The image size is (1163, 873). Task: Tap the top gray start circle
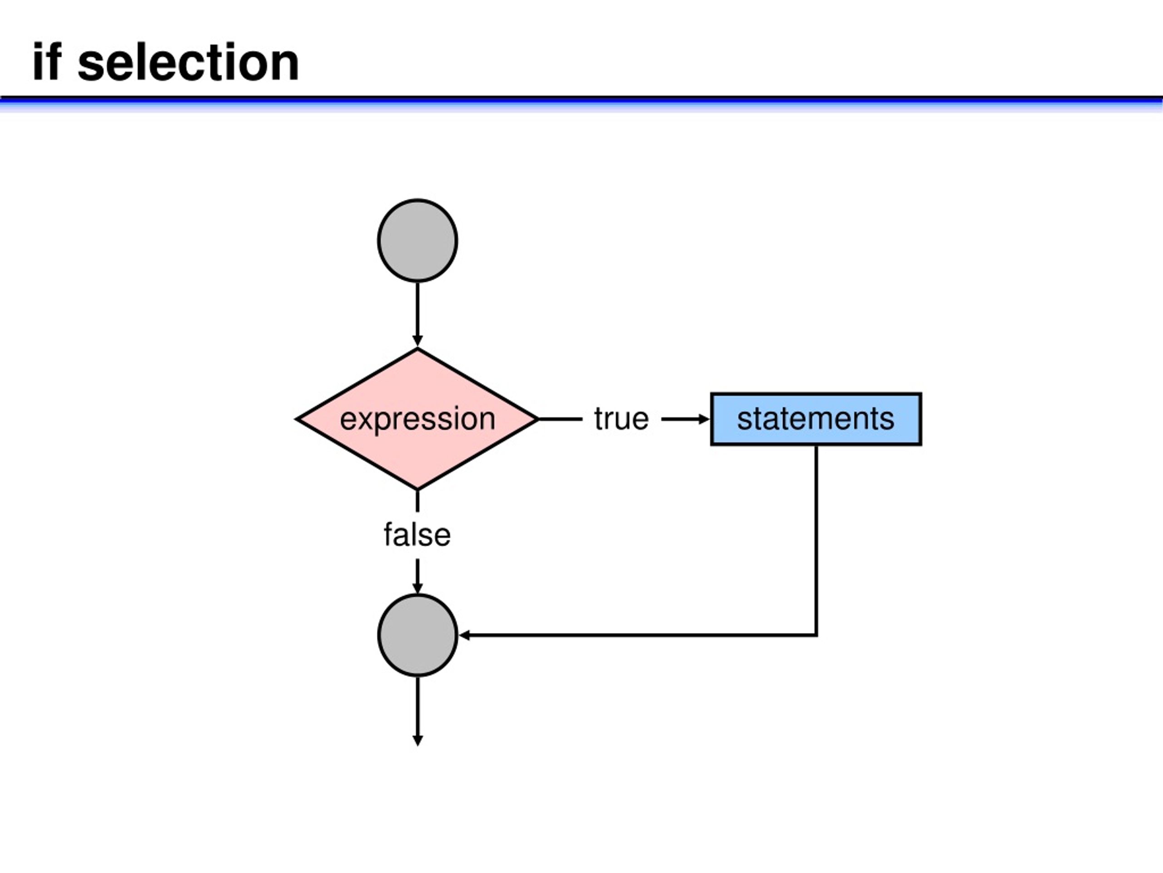pyautogui.click(x=417, y=241)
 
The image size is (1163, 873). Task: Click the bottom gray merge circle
pyautogui.click(x=417, y=635)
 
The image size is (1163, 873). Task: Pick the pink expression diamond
pyautogui.click(x=417, y=419)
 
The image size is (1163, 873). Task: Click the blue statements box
pyautogui.click(x=816, y=419)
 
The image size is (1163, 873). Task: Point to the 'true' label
pyautogui.click(x=621, y=419)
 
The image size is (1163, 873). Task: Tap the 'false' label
pyautogui.click(x=417, y=535)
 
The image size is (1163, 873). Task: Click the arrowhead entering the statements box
pyautogui.click(x=704, y=419)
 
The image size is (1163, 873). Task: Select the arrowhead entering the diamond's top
pyautogui.click(x=417, y=341)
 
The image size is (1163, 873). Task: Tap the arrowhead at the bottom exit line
pyautogui.click(x=417, y=740)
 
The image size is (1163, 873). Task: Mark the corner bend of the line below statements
pyautogui.click(x=816, y=635)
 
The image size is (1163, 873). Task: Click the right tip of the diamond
pyautogui.click(x=538, y=419)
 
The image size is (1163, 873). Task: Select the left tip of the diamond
pyautogui.click(x=297, y=419)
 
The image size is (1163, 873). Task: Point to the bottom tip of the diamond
pyautogui.click(x=417, y=489)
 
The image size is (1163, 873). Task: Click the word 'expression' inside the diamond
pyautogui.click(x=417, y=419)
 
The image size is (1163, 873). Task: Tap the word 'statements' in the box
pyautogui.click(x=815, y=419)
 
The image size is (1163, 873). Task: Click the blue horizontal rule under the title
pyautogui.click(x=581, y=103)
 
